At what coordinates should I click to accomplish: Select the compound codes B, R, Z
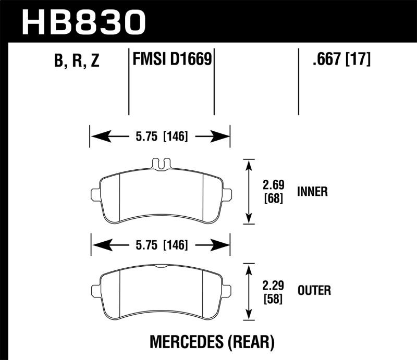click(76, 61)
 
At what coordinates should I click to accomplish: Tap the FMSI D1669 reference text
click(171, 59)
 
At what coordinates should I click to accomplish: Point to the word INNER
click(312, 192)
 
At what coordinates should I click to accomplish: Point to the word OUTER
click(314, 290)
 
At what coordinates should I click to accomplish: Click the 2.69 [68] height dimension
click(274, 192)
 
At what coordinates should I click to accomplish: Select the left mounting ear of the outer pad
click(95, 290)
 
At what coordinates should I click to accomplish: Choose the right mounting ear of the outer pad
click(227, 290)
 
